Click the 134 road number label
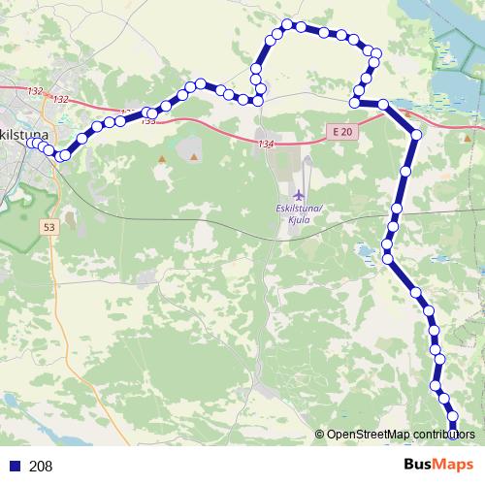point(267,144)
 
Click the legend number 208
point(41,467)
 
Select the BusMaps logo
point(438,466)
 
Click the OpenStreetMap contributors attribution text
point(401,434)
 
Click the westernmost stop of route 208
point(31,144)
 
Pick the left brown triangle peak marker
point(162,157)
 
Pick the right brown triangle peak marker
point(194,155)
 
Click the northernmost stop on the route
point(287,24)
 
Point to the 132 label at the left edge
point(35,91)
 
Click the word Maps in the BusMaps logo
point(454,466)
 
